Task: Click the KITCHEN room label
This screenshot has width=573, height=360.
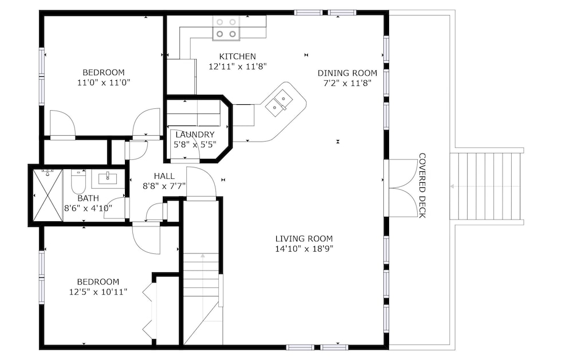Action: click(238, 56)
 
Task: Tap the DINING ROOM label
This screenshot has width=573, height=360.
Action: click(347, 73)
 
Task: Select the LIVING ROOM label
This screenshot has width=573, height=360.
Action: click(304, 238)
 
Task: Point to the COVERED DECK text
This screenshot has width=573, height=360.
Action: click(422, 185)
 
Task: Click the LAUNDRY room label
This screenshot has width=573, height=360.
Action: click(195, 135)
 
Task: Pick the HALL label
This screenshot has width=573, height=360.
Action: click(164, 176)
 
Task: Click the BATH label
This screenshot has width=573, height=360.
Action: click(88, 198)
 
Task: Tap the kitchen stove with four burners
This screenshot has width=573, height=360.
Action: click(226, 28)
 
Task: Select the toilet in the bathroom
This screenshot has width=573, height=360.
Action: click(78, 181)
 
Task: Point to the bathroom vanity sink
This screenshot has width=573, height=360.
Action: click(108, 178)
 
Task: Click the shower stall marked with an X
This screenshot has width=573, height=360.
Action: click(48, 195)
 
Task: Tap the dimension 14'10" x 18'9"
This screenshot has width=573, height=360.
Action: click(304, 249)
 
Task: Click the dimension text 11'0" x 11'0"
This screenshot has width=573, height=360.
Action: click(103, 83)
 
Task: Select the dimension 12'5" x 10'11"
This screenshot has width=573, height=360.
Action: click(98, 292)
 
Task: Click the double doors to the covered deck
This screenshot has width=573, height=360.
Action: click(401, 188)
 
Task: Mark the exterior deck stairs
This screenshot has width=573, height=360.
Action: click(486, 186)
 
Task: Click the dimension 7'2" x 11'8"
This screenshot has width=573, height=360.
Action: click(347, 83)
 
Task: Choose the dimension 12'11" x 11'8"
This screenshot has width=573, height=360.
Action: click(238, 66)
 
